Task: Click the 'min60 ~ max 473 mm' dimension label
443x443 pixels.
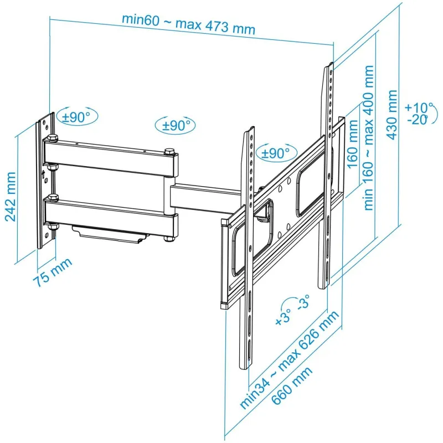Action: pyautogui.click(x=189, y=24)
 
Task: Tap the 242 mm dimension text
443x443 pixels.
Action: pyautogui.click(x=11, y=197)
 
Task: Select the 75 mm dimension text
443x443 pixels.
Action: pyautogui.click(x=53, y=272)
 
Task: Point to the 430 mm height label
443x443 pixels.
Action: pyautogui.click(x=392, y=115)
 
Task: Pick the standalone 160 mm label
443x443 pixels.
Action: pyautogui.click(x=352, y=144)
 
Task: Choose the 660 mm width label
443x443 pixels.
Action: pyautogui.click(x=292, y=385)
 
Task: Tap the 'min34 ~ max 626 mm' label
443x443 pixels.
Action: pyautogui.click(x=289, y=359)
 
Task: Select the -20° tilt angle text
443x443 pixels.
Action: pyautogui.click(x=418, y=120)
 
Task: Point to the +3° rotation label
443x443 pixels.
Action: pyautogui.click(x=283, y=317)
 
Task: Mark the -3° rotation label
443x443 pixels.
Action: pyautogui.click(x=303, y=302)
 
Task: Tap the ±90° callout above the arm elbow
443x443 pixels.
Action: pyautogui.click(x=175, y=125)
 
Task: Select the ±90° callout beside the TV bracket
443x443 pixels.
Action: pyautogui.click(x=276, y=153)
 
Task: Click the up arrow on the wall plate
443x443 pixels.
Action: pyautogui.click(x=43, y=174)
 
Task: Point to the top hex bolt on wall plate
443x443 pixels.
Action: pyautogui.click(x=53, y=138)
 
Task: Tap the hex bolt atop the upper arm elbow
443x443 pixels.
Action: pyautogui.click(x=169, y=151)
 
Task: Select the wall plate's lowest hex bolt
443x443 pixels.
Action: pyautogui.click(x=51, y=227)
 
